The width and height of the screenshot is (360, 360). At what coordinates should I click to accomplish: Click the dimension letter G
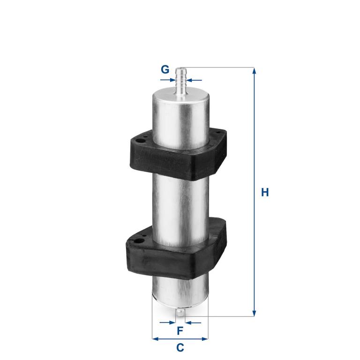165,69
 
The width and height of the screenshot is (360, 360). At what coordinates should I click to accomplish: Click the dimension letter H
265,192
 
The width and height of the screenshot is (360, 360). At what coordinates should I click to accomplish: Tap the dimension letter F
180,331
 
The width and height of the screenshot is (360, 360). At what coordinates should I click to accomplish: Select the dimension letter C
180,348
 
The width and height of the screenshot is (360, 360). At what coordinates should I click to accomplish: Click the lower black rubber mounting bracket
176,249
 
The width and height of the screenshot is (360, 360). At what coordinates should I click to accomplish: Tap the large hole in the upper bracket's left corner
138,140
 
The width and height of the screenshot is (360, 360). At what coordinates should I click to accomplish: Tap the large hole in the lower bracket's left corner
139,241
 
